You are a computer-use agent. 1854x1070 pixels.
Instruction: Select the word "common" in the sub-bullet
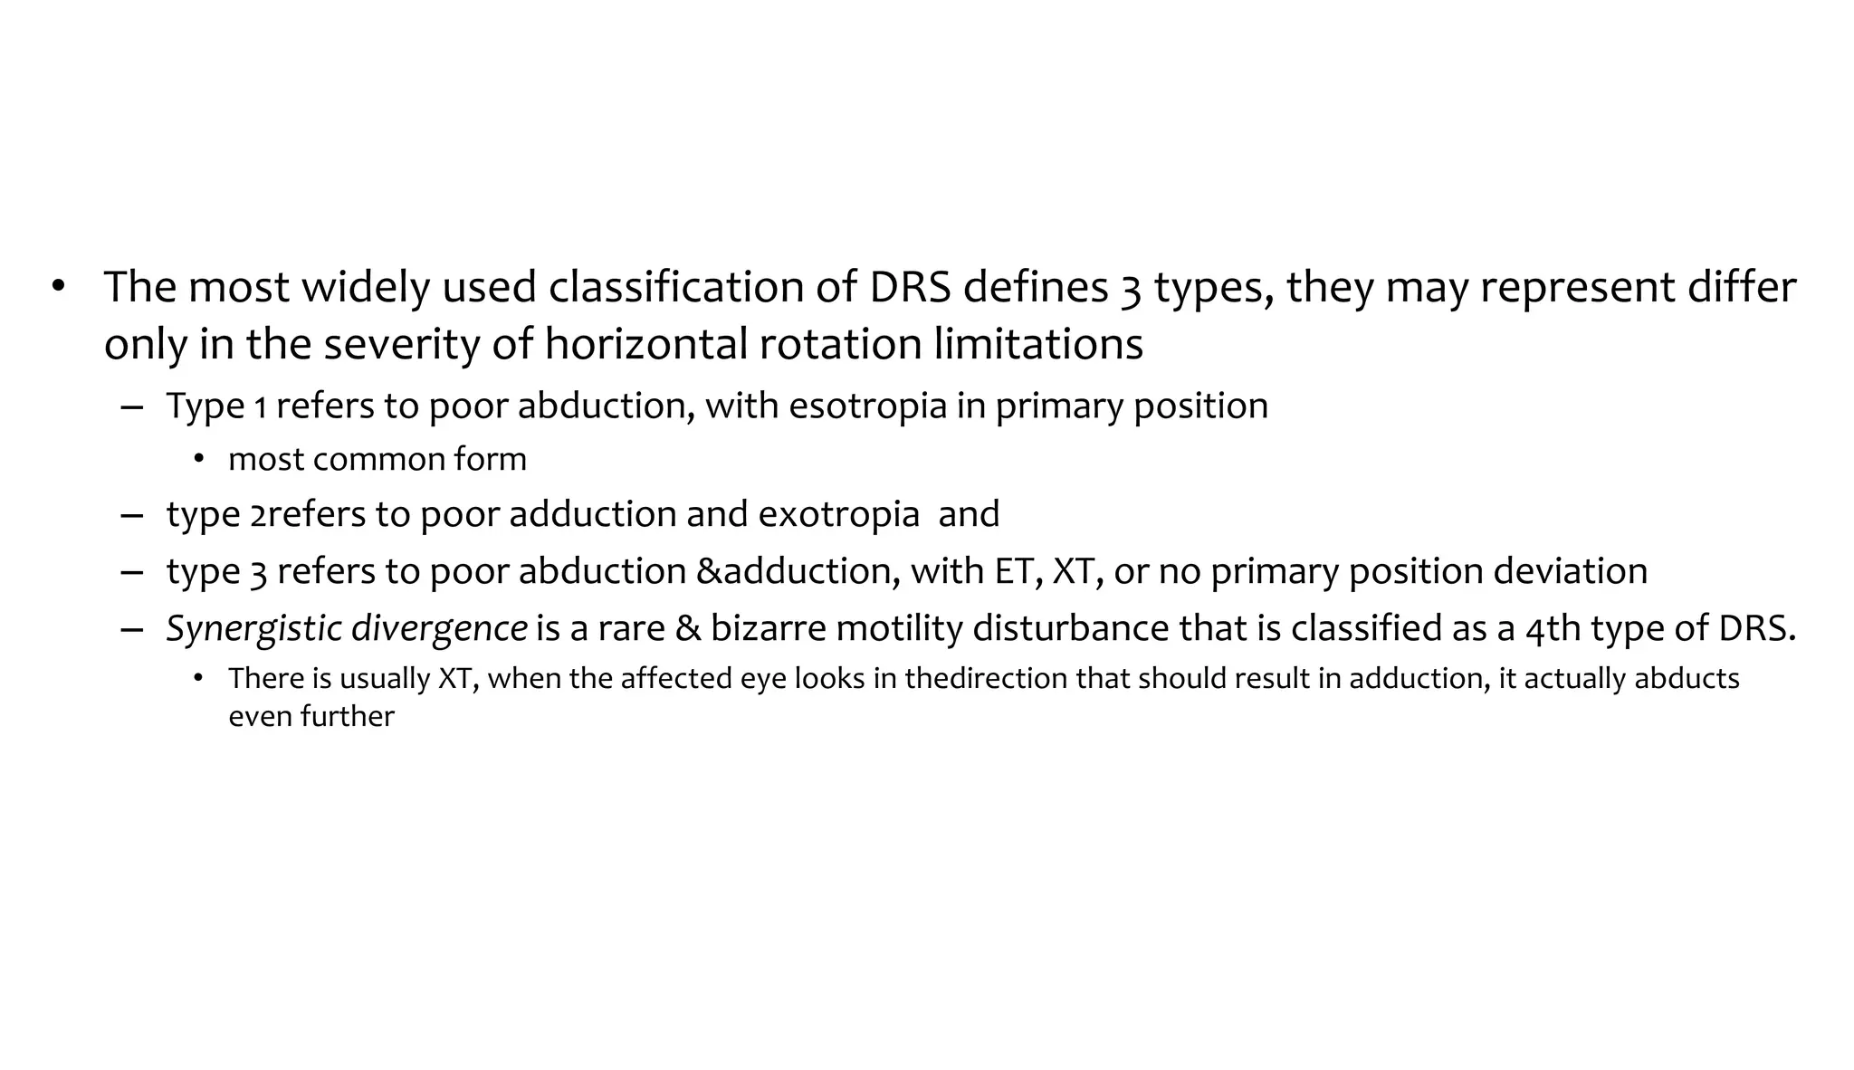378,460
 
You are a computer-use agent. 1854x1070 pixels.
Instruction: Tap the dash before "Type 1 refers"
131,406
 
